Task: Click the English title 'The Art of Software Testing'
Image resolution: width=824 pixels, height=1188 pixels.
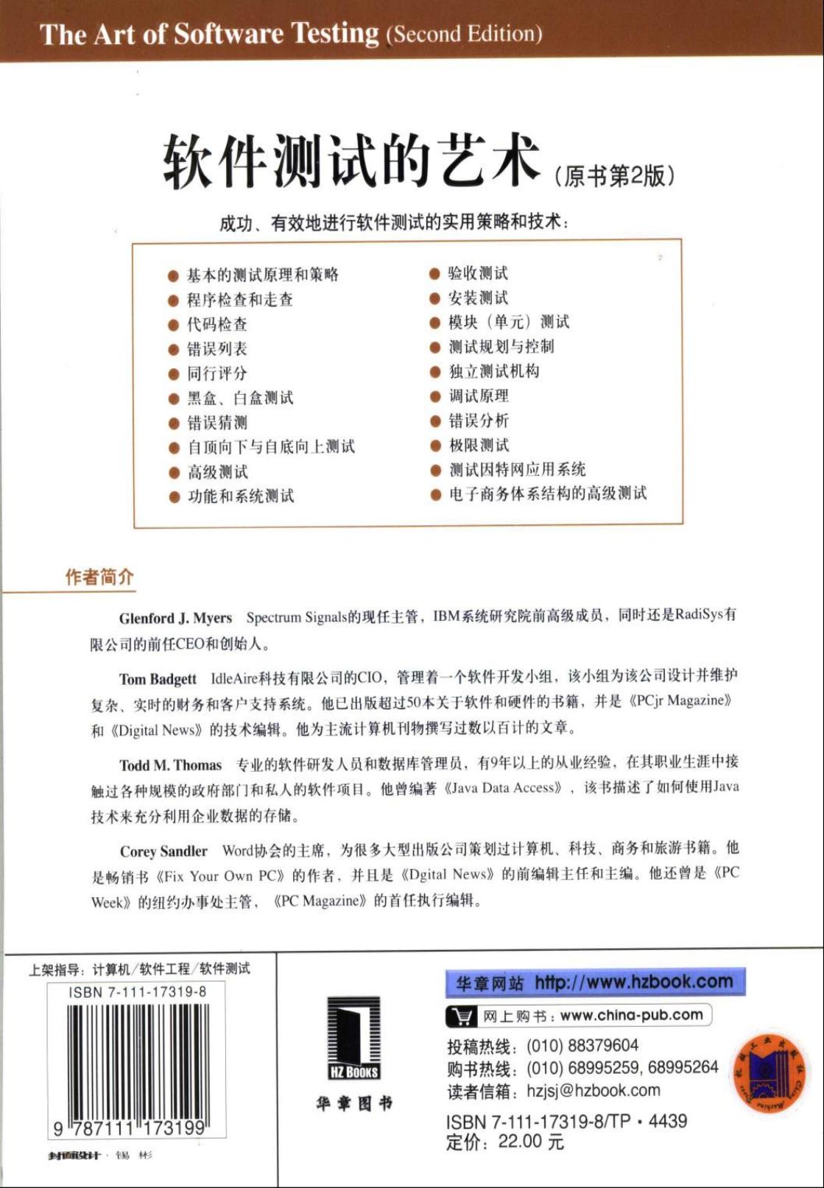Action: click(x=209, y=34)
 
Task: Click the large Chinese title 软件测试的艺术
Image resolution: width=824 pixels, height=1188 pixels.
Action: click(x=351, y=160)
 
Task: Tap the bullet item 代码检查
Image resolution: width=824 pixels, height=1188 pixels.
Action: click(x=216, y=324)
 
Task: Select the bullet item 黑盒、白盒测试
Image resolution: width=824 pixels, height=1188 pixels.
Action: click(x=239, y=398)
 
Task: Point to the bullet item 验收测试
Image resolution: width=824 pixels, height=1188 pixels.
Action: click(x=478, y=273)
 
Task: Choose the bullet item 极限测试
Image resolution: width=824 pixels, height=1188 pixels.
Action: click(x=479, y=445)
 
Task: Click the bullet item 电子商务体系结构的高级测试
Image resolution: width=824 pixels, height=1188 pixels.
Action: click(x=547, y=493)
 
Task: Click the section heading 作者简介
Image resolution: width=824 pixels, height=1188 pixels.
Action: click(x=99, y=577)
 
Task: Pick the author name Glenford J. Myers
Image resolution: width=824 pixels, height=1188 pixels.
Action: click(x=175, y=618)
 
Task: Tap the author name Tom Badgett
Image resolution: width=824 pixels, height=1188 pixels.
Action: click(x=158, y=678)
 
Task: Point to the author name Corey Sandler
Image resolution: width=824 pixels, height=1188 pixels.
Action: click(x=163, y=851)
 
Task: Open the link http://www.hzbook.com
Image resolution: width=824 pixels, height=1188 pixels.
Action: click(x=633, y=982)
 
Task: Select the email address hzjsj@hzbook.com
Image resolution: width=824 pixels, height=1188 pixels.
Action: click(x=593, y=1091)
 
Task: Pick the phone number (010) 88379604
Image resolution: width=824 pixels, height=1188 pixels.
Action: click(x=582, y=1046)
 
